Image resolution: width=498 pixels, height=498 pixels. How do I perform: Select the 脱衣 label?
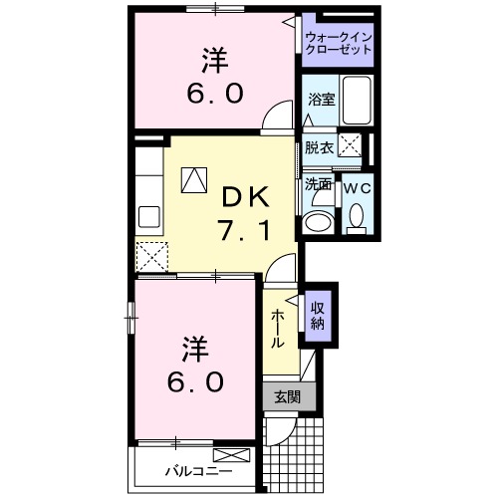pos(319,147)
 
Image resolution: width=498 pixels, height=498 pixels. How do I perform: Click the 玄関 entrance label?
pos(288,396)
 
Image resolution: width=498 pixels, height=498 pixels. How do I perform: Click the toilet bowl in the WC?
pos(356,217)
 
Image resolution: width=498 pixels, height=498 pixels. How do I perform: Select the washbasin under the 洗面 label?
pos(320,221)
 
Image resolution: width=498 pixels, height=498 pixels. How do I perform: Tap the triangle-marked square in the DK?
pos(193,179)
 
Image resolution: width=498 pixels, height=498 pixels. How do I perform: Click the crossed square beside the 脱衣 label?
pos(351,146)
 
